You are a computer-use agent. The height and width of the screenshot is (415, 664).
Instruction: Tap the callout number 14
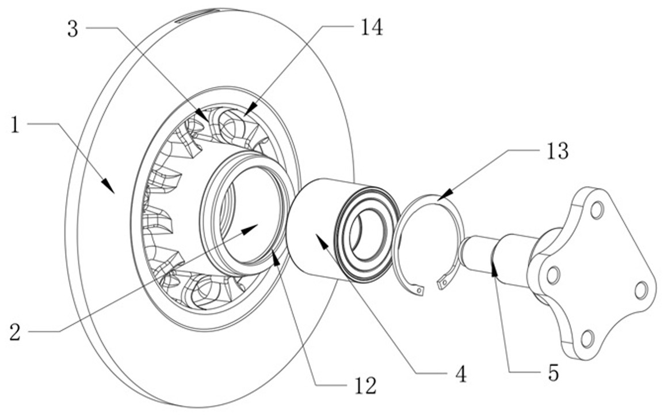(x=371, y=28)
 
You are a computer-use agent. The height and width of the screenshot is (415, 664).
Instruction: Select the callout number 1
(x=15, y=125)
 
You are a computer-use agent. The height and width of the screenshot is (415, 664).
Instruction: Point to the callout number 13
(x=558, y=150)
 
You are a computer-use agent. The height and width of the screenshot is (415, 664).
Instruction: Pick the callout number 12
(x=365, y=386)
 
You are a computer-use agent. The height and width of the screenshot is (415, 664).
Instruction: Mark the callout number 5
(x=553, y=373)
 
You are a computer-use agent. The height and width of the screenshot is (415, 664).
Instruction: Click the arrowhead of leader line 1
(x=108, y=186)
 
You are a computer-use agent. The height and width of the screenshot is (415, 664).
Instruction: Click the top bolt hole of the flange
(x=596, y=210)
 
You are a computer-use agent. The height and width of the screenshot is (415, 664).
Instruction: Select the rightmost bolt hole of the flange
(x=641, y=290)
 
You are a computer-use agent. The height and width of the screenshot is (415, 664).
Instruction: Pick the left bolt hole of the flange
(x=552, y=275)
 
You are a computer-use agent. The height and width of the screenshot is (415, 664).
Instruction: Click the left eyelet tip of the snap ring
(x=419, y=290)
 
